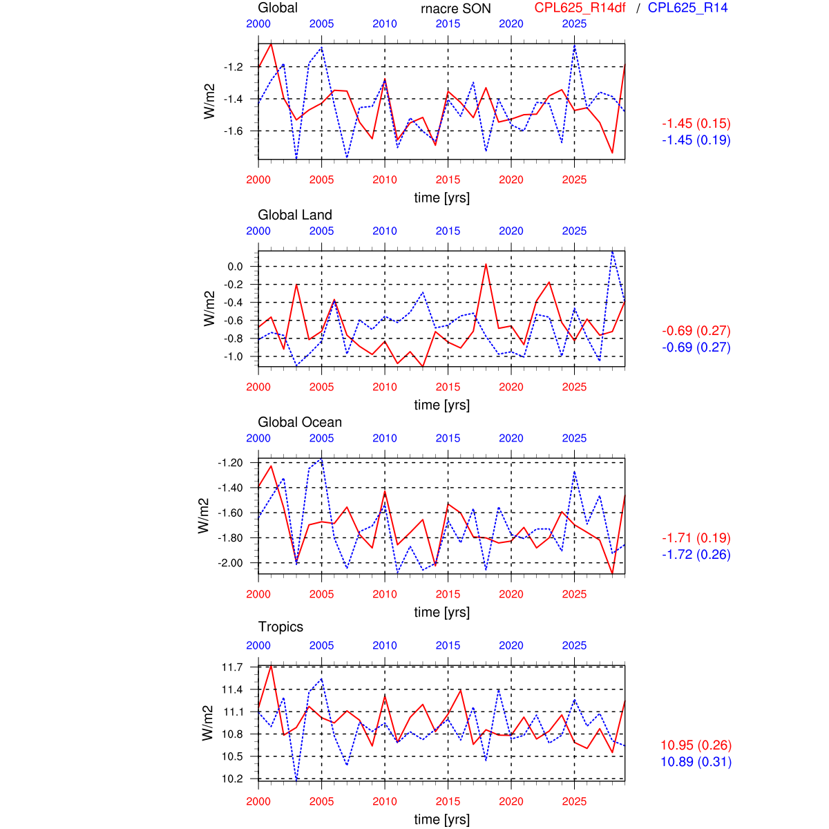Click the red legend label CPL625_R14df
[x=580, y=8]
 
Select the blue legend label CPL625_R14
[x=687, y=8]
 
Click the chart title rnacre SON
[x=456, y=8]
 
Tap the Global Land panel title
[x=295, y=215]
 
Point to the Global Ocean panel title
[x=300, y=422]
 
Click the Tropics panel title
[x=280, y=627]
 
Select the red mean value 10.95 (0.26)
[x=696, y=745]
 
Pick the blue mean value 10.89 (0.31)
[x=696, y=761]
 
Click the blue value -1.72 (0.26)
[x=696, y=554]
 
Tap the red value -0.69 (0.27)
[x=696, y=330]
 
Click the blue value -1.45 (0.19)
[x=696, y=140]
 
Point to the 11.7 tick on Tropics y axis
[x=232, y=667]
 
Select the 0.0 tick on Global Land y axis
[x=235, y=267]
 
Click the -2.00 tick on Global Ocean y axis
[x=230, y=563]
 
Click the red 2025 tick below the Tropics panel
[x=574, y=801]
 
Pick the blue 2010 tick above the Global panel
[x=385, y=23]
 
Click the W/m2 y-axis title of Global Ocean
[x=203, y=515]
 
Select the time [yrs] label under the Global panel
[x=441, y=198]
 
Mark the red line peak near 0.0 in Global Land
[x=486, y=264]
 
